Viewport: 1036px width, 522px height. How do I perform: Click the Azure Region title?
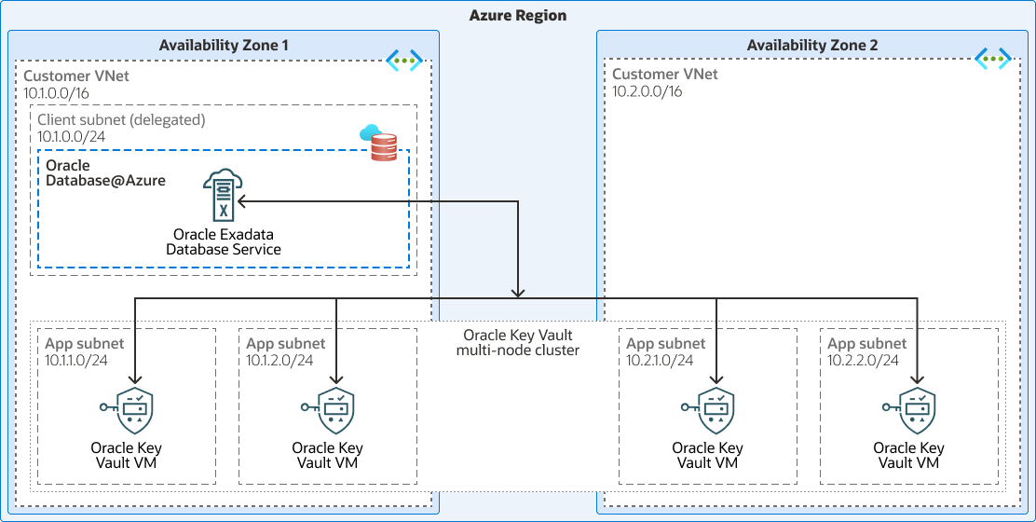[518, 15]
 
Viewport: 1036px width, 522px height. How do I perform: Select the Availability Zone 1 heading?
[224, 45]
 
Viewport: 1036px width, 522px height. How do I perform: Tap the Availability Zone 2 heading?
[812, 45]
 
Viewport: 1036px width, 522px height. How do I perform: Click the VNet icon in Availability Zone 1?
[404, 62]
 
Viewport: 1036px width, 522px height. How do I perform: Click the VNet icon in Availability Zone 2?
[993, 60]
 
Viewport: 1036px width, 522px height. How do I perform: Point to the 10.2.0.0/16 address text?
[647, 91]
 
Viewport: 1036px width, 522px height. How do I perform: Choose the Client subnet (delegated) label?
[121, 120]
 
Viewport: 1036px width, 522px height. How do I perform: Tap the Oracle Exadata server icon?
[222, 196]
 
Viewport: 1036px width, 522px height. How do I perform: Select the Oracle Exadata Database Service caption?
[224, 241]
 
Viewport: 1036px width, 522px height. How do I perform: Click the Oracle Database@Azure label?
[105, 172]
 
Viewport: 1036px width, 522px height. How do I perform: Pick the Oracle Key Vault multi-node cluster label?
[518, 342]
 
